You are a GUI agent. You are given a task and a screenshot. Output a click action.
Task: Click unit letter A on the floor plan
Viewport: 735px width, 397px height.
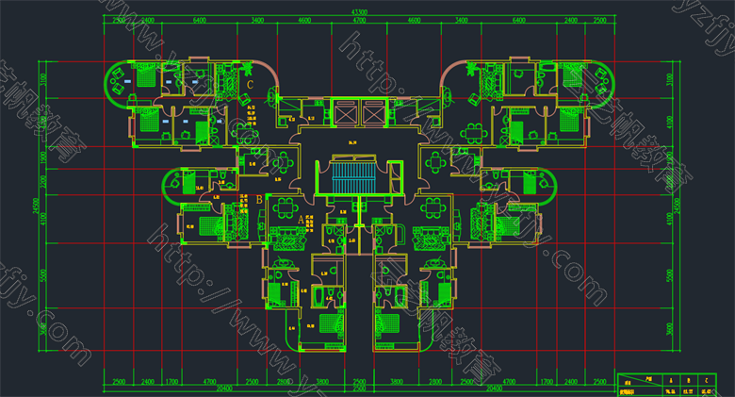tap(301, 219)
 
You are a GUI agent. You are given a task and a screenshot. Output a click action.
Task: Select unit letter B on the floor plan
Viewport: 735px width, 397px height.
tap(259, 200)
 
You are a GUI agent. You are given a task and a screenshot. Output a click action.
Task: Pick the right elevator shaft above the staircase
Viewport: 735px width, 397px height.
tap(374, 111)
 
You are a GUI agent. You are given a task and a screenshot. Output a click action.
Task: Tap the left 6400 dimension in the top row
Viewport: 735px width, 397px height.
tap(199, 20)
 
